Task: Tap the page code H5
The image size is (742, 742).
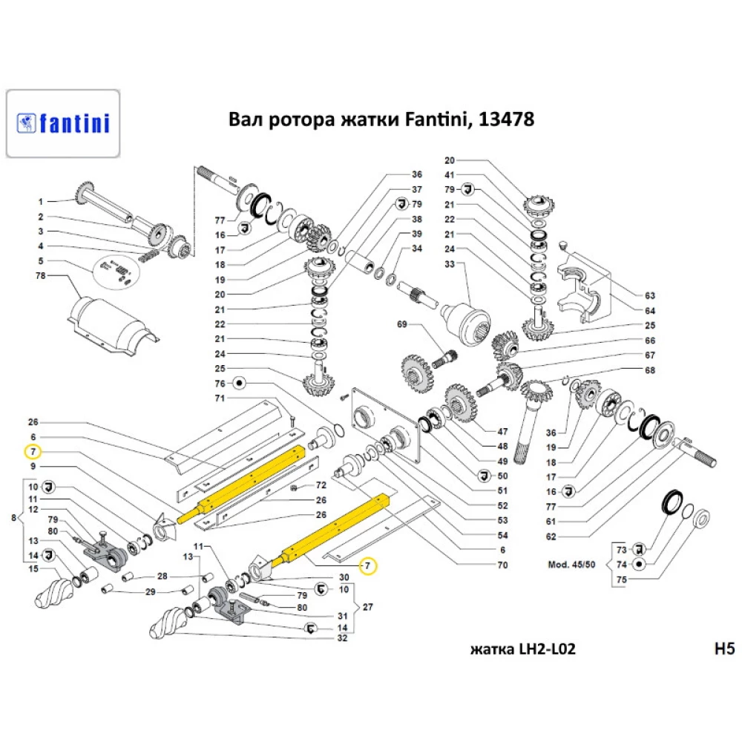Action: click(723, 649)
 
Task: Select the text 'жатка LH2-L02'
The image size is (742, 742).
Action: click(523, 649)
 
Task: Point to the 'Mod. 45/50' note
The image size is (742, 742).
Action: click(572, 564)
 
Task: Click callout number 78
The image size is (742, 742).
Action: click(41, 276)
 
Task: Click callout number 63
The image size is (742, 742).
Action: click(650, 295)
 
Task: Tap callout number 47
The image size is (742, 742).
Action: click(502, 431)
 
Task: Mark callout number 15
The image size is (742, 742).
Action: click(33, 569)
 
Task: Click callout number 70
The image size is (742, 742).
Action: click(502, 565)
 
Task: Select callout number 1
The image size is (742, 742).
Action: click(42, 201)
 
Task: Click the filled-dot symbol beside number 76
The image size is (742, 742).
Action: click(240, 384)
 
